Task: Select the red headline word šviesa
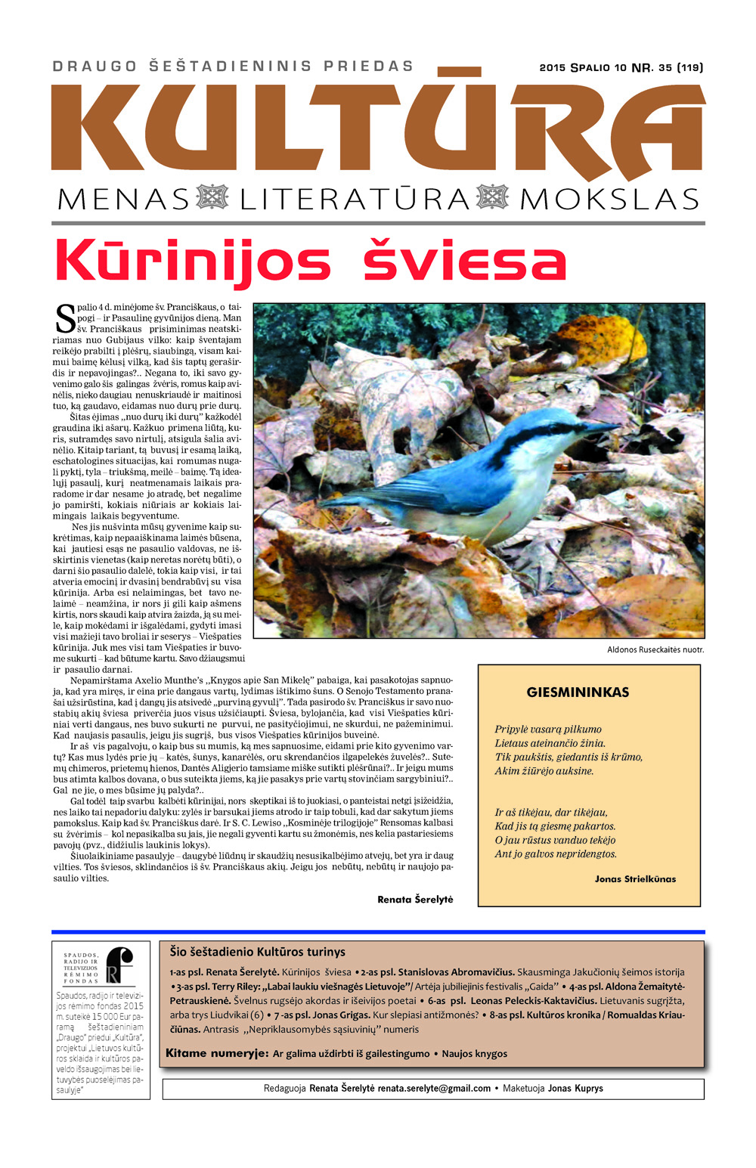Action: [x=464, y=262]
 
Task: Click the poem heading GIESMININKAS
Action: [x=578, y=692]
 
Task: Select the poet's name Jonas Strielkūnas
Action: [x=635, y=879]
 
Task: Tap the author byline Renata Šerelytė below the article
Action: [x=415, y=900]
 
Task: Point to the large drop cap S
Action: [x=66, y=319]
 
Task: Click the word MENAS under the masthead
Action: [x=123, y=200]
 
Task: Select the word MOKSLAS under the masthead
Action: [x=609, y=200]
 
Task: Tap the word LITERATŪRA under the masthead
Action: [x=355, y=200]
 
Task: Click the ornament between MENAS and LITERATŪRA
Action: [x=212, y=198]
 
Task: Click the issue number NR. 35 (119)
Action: [x=668, y=67]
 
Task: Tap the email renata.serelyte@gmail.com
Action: [x=434, y=1089]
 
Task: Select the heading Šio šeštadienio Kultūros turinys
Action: [x=258, y=952]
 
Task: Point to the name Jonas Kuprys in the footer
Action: [x=575, y=1089]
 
